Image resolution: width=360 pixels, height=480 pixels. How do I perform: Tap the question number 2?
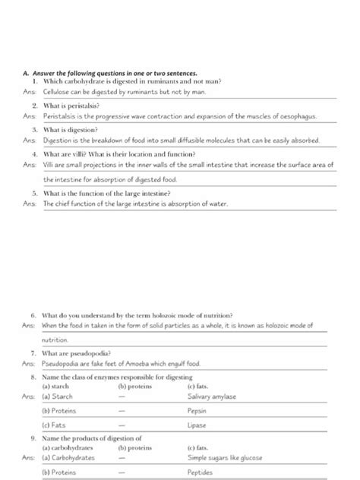coord(36,106)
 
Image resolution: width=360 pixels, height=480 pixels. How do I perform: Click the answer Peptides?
coord(200,472)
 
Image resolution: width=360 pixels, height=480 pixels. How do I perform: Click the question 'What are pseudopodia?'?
coord(80,353)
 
